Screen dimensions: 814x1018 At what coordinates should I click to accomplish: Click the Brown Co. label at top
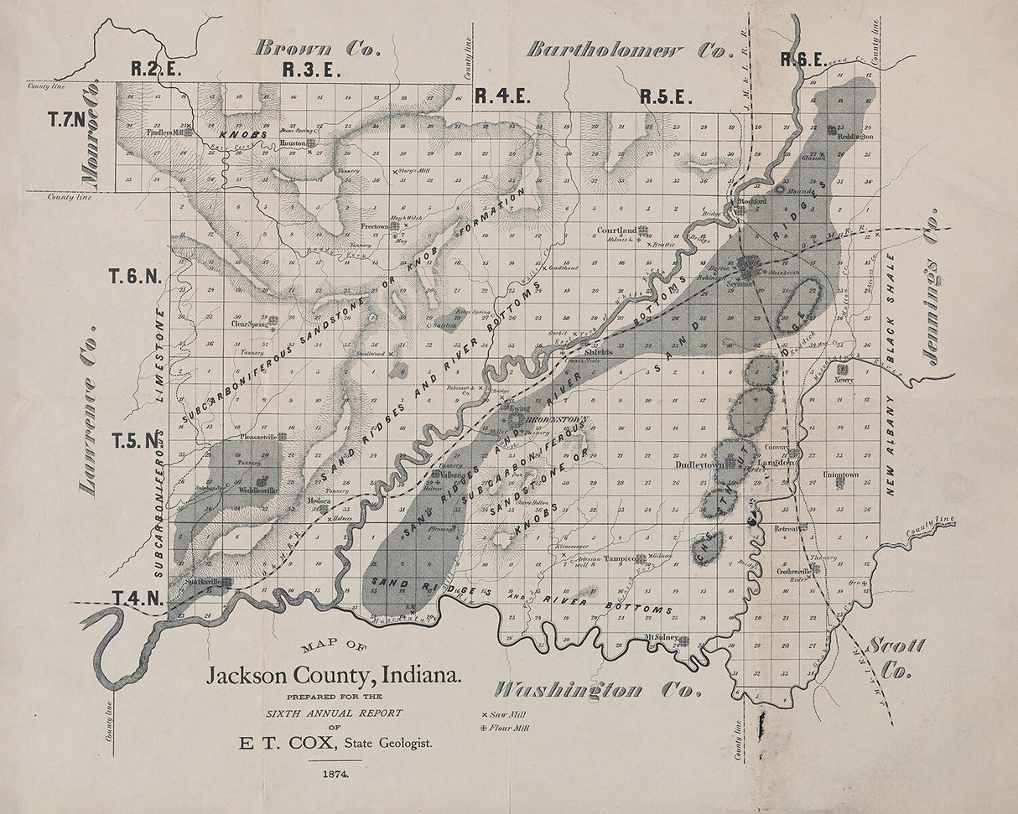point(318,49)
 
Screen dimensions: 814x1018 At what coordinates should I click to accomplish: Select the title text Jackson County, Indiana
point(334,676)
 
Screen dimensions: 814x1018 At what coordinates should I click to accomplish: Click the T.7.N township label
point(67,120)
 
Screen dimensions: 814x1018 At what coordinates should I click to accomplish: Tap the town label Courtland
point(617,230)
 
